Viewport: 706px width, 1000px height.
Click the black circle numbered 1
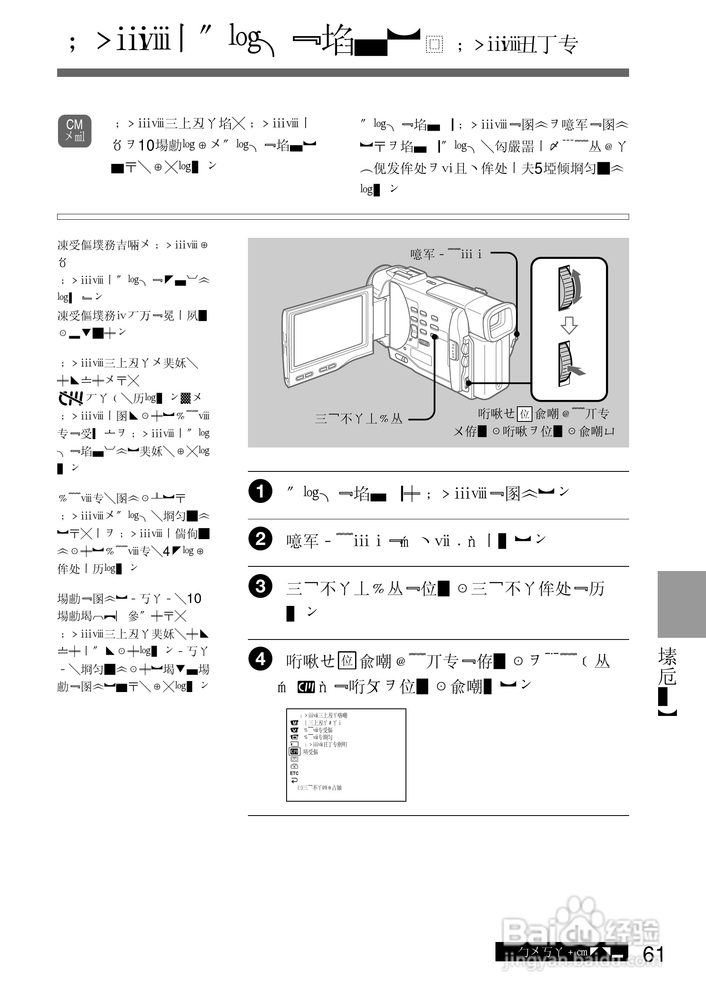pos(260,491)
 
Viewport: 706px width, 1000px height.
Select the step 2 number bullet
pos(260,539)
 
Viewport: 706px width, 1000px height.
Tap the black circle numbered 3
pos(260,586)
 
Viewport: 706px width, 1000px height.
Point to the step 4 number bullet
pos(260,659)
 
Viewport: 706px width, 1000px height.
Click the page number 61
pos(653,954)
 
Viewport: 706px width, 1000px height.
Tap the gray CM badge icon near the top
pos(74,131)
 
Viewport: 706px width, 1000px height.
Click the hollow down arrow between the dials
pos(568,325)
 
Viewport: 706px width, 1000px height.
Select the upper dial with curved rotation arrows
pos(568,287)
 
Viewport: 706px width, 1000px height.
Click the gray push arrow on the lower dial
pos(577,371)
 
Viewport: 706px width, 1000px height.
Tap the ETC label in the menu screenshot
pos(295,774)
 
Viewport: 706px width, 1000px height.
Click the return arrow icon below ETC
pos(295,780)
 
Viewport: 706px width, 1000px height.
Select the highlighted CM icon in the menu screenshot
pos(295,752)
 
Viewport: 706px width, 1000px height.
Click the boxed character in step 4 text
pos(347,660)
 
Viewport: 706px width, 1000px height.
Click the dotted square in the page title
pos(434,44)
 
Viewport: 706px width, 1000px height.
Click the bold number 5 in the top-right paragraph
pos(538,168)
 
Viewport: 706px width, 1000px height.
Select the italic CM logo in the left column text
pos(71,397)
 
